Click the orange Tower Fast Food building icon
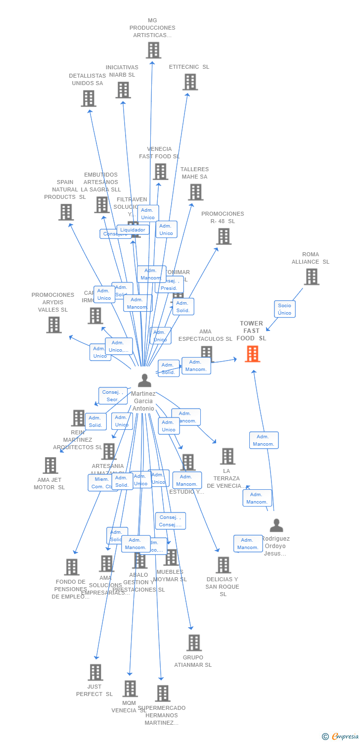[x=252, y=354]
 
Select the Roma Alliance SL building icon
[x=312, y=277]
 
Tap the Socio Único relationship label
[x=285, y=309]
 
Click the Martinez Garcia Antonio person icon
[x=144, y=380]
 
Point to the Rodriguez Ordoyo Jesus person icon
[x=276, y=525]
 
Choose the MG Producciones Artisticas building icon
[x=153, y=50]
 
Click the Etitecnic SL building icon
[x=190, y=82]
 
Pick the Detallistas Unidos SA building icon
[x=89, y=98]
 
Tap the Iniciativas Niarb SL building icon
[x=123, y=90]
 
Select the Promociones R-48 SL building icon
[x=224, y=236]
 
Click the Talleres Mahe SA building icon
[x=196, y=192]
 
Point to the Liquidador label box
[x=133, y=230]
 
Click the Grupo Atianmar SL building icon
[x=194, y=643]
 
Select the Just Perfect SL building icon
[x=95, y=672]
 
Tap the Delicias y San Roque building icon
[x=224, y=565]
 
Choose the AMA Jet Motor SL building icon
[x=50, y=465]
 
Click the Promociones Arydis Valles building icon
[x=54, y=325]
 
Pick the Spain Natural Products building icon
[x=66, y=212]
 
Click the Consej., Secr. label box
[x=113, y=396]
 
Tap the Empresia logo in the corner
[x=341, y=737]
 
